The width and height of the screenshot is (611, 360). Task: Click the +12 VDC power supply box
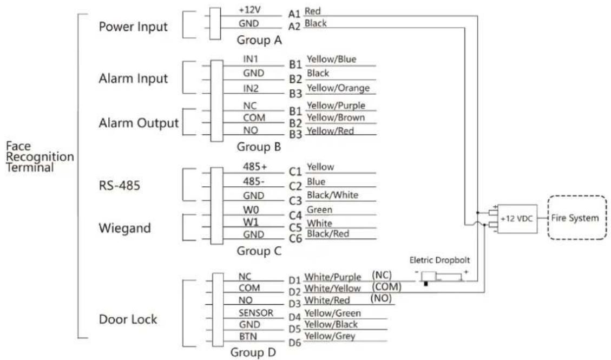click(517, 219)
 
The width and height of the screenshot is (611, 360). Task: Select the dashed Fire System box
click(577, 218)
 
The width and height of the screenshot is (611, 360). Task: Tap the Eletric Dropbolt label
click(439, 260)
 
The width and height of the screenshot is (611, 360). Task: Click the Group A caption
click(259, 40)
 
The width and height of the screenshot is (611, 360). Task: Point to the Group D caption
click(253, 352)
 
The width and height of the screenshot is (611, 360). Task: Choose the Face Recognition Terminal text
click(40, 156)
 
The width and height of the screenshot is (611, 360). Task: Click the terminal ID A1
click(294, 14)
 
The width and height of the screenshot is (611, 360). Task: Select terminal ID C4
click(295, 215)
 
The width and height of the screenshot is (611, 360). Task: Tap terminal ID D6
click(294, 343)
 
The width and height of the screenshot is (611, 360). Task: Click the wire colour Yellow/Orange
click(338, 88)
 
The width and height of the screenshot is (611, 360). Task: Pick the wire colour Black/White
click(332, 195)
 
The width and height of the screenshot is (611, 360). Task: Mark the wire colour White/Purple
click(332, 277)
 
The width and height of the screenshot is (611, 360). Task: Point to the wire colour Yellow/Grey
click(329, 336)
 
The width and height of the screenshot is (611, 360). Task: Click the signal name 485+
click(255, 167)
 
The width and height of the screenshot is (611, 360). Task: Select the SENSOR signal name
click(256, 313)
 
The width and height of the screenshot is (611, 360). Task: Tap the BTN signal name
click(248, 336)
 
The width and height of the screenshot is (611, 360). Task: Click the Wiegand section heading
click(124, 228)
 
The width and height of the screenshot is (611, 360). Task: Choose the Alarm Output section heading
click(139, 123)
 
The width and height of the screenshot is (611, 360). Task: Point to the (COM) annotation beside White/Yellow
click(386, 287)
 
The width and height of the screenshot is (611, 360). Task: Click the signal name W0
click(251, 210)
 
